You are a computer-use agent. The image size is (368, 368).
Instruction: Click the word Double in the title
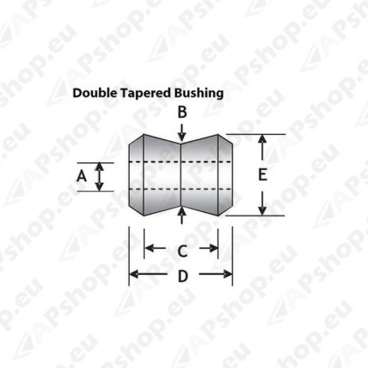coord(96,93)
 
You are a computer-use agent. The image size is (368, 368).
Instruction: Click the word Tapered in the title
coord(146,94)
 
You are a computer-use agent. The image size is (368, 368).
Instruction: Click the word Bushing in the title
coord(199,94)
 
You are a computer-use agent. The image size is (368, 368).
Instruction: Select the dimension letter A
coord(81,176)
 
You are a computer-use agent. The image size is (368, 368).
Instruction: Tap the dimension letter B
coord(182,112)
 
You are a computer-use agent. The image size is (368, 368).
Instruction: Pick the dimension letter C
coord(182,251)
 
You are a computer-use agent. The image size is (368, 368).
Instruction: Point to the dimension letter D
coord(183,276)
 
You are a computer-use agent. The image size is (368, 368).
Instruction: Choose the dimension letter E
coord(263,175)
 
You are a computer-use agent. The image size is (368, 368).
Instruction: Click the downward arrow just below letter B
coord(182,133)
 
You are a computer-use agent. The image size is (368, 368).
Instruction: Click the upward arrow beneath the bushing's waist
coord(182,216)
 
